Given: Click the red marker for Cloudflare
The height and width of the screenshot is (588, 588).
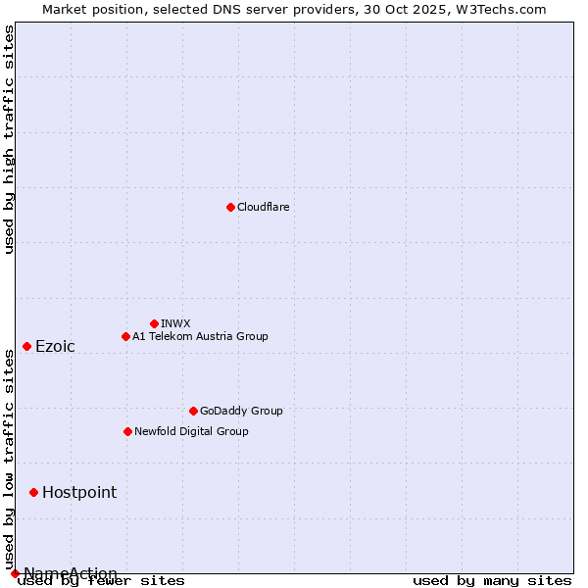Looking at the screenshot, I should point(230,207).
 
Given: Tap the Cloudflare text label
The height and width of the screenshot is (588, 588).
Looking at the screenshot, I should point(263,207).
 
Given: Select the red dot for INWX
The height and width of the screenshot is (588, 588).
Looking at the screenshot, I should point(154,323).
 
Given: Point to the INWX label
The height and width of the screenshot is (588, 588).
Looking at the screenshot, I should point(175,323).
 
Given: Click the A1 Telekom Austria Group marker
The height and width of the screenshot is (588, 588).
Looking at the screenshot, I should point(125,336).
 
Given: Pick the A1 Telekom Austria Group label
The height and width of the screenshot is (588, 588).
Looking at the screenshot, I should point(200,336).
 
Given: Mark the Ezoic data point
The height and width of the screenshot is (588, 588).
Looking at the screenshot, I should point(26,346).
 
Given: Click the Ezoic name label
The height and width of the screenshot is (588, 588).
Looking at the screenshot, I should point(55,347).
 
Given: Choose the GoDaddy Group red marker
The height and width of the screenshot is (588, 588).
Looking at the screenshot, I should point(193,411).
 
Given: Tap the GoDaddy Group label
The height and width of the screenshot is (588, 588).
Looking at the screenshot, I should point(240,411).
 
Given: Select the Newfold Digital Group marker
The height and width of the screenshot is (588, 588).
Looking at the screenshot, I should point(127,431).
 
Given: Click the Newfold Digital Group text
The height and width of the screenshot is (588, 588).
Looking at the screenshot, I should point(191,431).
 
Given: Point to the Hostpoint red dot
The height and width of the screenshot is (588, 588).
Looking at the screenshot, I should point(33,492).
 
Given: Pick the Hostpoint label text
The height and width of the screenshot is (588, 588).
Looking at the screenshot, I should point(79,493).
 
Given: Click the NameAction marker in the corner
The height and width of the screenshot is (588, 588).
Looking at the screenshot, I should point(15,573).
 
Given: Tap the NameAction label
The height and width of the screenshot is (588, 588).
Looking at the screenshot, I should point(71,573).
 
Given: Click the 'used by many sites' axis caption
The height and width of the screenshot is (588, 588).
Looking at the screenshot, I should point(492,581).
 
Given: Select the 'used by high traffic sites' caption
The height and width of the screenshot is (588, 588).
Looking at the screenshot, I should point(9,139).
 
